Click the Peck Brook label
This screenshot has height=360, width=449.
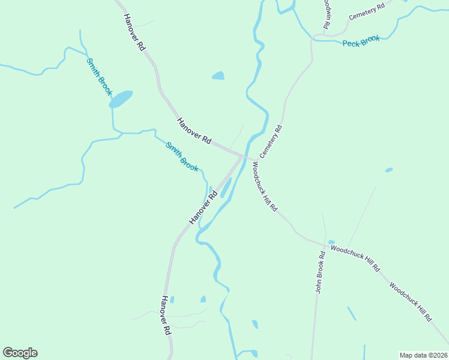(x=361, y=41)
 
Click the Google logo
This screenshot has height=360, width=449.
(x=20, y=353)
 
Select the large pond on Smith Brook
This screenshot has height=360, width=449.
(x=121, y=98)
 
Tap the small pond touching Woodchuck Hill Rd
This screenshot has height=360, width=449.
(x=331, y=242)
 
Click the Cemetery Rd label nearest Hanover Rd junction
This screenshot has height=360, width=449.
(x=271, y=142)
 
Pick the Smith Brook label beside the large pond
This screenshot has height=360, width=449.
(x=99, y=77)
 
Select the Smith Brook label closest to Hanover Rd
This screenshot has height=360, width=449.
(x=182, y=157)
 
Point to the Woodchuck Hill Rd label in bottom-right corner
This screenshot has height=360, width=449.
(x=411, y=302)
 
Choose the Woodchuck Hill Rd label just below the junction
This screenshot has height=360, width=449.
(x=265, y=186)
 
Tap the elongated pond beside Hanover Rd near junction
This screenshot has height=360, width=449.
(x=226, y=187)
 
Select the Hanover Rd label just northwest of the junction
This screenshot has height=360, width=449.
(x=194, y=130)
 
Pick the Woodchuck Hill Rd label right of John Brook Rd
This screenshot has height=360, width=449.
(x=355, y=259)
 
